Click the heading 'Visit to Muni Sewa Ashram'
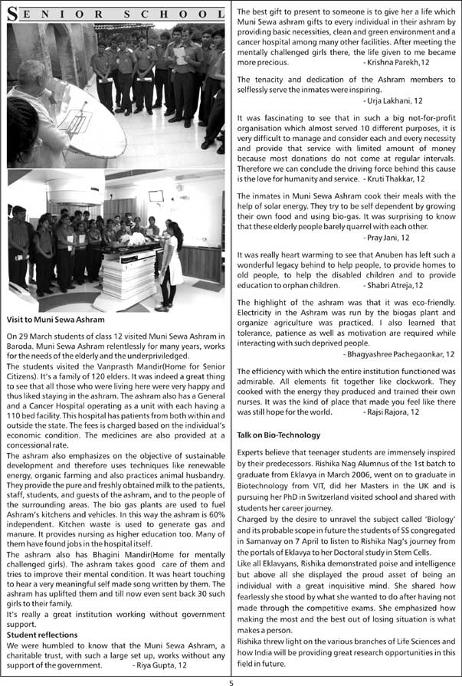pos(55,319)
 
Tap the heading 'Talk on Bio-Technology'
pos(279,435)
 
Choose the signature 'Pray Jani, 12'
pos(428,238)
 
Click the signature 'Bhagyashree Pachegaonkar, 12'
pos(399,354)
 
